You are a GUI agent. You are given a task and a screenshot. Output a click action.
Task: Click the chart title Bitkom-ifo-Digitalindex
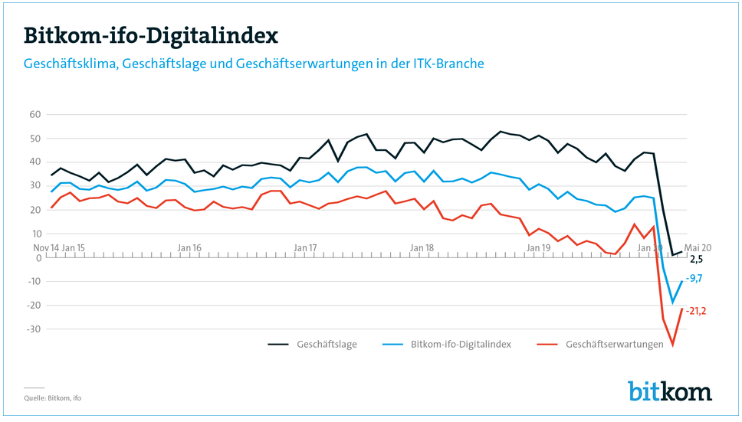150,35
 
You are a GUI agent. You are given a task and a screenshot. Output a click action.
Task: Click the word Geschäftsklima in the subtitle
67,64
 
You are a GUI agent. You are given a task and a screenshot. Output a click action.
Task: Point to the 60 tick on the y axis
34,114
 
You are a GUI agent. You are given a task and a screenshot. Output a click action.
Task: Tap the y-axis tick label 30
34,186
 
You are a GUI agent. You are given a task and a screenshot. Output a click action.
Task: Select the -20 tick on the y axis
33,306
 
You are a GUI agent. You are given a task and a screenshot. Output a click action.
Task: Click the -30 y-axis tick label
33,329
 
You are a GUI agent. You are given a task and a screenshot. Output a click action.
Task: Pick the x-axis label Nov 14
45,248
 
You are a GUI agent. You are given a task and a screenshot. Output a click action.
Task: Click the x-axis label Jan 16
189,248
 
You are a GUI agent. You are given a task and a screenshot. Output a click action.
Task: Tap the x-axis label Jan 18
422,248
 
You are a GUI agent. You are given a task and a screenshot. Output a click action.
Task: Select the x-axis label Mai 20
698,248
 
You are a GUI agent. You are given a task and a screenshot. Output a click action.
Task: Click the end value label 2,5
696,260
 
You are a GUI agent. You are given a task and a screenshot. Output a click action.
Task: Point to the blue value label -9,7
694,279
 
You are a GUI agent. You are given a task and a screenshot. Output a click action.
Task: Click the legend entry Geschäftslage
326,345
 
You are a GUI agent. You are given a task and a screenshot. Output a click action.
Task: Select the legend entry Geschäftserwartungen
614,345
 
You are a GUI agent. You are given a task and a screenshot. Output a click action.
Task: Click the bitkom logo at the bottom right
669,391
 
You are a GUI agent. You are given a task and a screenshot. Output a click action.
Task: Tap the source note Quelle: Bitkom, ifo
52,398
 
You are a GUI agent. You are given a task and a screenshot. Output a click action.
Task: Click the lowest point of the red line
673,345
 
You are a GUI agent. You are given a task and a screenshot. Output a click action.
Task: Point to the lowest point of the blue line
673,303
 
